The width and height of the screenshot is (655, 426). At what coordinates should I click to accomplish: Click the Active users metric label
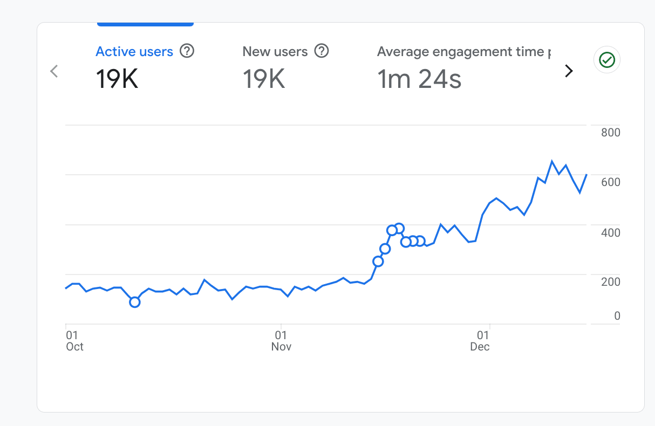pos(134,52)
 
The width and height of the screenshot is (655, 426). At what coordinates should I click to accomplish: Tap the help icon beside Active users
pos(187,51)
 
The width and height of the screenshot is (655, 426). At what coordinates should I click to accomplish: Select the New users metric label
pos(275,52)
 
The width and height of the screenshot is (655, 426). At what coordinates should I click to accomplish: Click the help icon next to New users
pos(322,51)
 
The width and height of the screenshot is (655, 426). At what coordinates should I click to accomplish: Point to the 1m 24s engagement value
pos(419,79)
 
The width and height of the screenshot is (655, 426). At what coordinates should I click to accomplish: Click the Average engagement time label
pos(464,52)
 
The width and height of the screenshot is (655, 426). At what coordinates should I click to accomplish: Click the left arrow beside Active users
pos(54,71)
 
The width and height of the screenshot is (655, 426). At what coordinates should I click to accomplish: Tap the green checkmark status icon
pos(607,60)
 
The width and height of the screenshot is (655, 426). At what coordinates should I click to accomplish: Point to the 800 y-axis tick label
pos(611,133)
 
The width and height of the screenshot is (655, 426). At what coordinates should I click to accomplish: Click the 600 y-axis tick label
pos(611,182)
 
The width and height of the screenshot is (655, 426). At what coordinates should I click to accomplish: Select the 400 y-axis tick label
pos(611,233)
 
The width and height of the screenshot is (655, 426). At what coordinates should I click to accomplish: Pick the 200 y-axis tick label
pos(611,282)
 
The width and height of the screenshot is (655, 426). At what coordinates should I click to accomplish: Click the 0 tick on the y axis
pos(617,317)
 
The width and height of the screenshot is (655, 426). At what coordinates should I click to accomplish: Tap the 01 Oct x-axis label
pos(74,341)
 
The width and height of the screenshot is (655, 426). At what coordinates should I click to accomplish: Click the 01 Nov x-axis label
pos(281,341)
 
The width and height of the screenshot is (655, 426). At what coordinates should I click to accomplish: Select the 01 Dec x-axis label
pos(480,341)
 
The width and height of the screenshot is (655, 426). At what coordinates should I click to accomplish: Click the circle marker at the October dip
pos(135,302)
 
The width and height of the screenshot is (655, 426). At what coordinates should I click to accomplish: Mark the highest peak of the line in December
pos(552,161)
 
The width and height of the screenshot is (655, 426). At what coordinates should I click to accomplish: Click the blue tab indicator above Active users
pos(145,24)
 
